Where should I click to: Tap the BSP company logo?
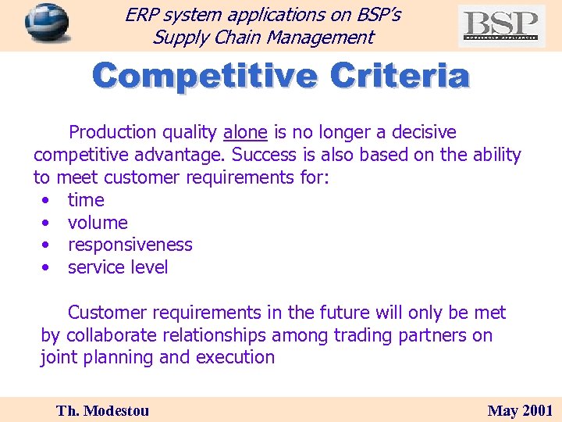pos(501,26)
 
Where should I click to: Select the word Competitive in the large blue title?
pos(205,77)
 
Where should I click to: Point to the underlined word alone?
pos(245,132)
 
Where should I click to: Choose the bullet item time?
pos(86,200)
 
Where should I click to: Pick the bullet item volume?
pos(98,223)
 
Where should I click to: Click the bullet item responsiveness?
pos(130,245)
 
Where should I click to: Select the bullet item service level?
pos(118,267)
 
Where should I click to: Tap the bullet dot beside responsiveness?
pos(48,245)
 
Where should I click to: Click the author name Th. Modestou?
pos(102,410)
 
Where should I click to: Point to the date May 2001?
pos(520,410)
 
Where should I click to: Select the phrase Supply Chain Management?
pos(263,37)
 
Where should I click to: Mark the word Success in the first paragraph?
pos(262,155)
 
